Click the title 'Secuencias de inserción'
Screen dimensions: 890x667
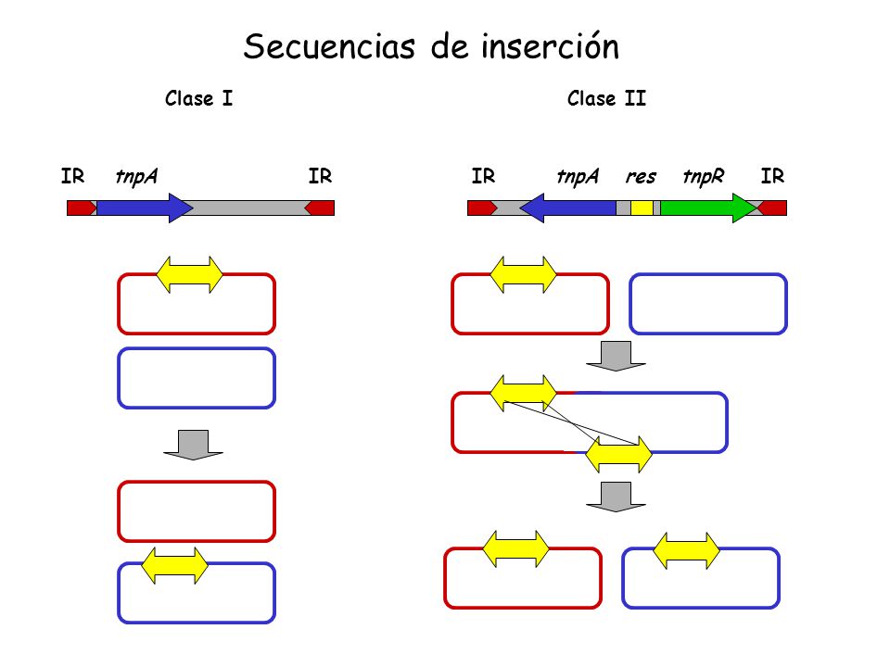[431, 46]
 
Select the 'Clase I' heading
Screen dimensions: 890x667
[198, 98]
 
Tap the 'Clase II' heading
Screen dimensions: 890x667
[606, 98]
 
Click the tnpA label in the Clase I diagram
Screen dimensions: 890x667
[136, 176]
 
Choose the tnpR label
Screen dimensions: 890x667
[704, 176]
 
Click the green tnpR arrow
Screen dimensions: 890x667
[708, 208]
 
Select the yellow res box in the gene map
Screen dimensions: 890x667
[642, 208]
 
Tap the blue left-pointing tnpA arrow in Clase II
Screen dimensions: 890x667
[567, 208]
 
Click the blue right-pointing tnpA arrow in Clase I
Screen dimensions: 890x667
[145, 208]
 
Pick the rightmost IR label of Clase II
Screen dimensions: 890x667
[772, 176]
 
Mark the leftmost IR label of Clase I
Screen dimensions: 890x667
[72, 176]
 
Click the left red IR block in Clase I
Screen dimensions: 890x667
[82, 208]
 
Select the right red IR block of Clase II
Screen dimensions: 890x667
[772, 208]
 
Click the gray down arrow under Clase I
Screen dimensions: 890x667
[193, 446]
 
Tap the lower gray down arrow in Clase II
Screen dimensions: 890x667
[616, 497]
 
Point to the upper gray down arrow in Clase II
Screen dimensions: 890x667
[616, 356]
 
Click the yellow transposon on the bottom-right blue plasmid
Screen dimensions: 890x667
[686, 550]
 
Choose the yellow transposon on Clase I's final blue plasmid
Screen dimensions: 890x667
[175, 565]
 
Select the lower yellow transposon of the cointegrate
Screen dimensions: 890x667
[618, 454]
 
